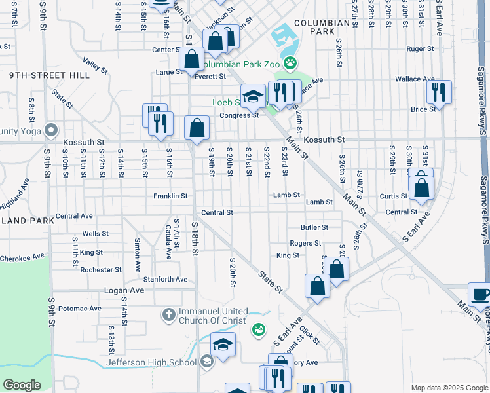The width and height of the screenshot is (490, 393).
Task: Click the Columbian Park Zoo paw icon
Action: pos(290,64)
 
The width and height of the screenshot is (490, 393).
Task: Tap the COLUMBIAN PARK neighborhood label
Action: pos(322,27)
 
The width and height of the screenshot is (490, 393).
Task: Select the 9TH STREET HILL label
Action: pos(50,75)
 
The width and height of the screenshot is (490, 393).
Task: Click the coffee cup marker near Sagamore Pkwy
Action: pos(480,294)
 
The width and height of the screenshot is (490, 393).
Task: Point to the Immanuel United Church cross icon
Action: pos(168,316)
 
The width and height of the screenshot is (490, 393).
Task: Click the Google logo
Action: pos(22,385)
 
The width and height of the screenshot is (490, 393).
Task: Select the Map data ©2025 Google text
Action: pos(449,388)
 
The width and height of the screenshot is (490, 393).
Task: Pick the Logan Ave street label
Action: pos(124,290)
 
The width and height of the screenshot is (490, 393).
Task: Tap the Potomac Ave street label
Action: pos(79,308)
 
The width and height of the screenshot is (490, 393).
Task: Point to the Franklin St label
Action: pos(170,196)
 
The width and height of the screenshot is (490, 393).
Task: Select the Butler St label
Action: pos(314,227)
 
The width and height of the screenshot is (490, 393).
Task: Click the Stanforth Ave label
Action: pos(165,279)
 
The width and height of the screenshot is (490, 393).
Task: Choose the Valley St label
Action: pos(95,65)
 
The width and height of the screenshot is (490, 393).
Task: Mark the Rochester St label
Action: pos(101,269)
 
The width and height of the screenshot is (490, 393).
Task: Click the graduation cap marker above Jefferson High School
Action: pos(223,345)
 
